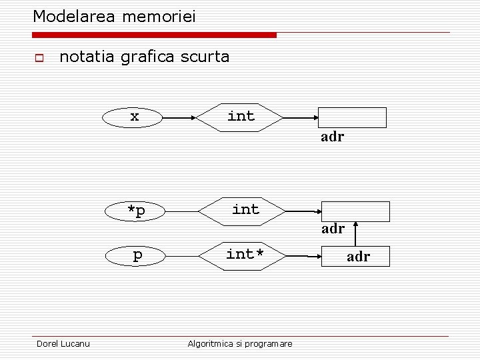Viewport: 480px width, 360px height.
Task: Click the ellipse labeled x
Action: (133, 117)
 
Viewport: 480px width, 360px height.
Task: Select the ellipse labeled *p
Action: (137, 211)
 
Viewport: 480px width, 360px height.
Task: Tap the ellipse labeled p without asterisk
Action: (137, 255)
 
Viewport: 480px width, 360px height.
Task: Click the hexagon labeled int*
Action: (245, 255)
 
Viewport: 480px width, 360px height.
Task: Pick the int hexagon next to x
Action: (240, 117)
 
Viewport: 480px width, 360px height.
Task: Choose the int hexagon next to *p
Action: (244, 210)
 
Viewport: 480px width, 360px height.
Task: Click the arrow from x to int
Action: (179, 117)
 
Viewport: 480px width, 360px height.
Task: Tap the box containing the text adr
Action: (358, 256)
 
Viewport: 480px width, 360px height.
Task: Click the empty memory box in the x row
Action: (351, 117)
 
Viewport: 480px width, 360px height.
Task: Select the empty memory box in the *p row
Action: (356, 211)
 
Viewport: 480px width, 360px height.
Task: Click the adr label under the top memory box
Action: (332, 137)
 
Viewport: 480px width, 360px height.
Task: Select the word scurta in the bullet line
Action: (204, 57)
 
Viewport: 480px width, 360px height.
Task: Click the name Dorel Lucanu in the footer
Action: (63, 343)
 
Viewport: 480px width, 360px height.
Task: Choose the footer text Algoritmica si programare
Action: (240, 343)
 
